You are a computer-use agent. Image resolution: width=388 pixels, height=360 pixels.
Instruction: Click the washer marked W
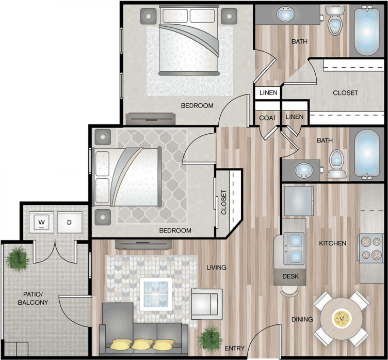41,222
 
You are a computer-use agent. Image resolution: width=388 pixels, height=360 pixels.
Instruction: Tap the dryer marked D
70,222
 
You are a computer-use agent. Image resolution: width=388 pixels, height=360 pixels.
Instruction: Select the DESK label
290,276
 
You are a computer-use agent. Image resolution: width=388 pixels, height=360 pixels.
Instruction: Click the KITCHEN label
333,243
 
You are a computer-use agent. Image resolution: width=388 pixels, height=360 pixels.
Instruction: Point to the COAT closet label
267,118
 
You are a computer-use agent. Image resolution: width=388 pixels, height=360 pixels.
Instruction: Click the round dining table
342,319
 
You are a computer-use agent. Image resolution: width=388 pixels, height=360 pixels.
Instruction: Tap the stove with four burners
370,248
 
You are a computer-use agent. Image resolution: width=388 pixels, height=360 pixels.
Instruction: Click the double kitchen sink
294,248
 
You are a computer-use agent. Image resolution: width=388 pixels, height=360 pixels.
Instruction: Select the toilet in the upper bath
335,21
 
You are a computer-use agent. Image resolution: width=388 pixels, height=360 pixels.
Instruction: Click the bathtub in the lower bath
367,154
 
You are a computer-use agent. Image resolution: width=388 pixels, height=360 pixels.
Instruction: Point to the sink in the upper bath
285,14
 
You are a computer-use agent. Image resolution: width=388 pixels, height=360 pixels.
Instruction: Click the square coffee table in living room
156,294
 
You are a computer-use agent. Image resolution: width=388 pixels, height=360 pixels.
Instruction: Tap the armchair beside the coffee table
207,304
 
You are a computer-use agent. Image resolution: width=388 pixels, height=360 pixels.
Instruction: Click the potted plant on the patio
17,259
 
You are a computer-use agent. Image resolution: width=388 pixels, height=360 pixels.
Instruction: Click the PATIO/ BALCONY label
33,299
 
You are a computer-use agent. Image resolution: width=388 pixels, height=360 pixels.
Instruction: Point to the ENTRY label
235,348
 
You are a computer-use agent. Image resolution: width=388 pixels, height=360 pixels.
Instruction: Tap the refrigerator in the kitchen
299,201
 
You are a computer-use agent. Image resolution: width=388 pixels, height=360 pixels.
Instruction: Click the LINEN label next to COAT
295,117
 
